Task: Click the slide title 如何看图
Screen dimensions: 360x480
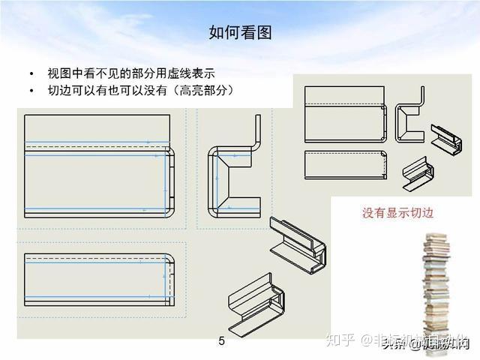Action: click(239, 32)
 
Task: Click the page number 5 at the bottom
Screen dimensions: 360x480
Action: click(221, 342)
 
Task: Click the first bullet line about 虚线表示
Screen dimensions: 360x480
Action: click(130, 73)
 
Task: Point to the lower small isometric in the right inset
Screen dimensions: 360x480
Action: click(419, 172)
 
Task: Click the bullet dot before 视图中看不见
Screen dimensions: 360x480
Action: click(31, 74)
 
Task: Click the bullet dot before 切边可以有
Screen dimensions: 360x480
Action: click(31, 91)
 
